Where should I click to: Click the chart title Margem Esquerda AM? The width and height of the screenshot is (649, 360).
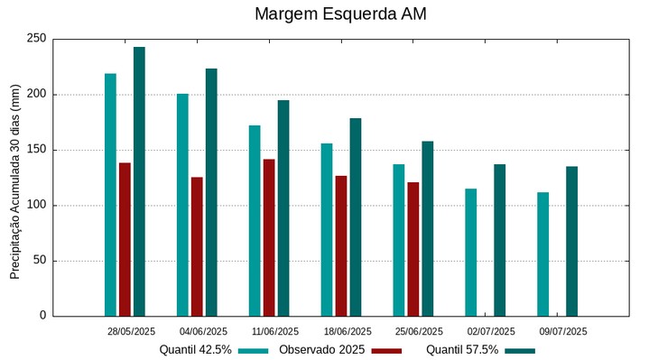click(340, 14)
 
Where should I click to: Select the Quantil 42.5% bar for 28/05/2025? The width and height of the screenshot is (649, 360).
click(110, 195)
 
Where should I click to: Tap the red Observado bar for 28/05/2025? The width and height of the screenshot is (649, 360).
click(125, 239)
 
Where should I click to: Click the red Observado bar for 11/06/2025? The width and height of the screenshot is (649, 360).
click(269, 237)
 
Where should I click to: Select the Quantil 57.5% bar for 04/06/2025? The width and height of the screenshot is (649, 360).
click(211, 192)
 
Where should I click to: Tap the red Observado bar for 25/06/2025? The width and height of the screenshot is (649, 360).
click(413, 249)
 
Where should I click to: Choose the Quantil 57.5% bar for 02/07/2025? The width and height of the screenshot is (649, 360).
click(499, 240)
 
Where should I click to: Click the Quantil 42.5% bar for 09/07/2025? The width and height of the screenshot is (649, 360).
click(542, 254)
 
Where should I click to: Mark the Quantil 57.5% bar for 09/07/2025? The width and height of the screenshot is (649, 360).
click(571, 241)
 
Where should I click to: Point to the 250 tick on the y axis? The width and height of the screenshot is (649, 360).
click(36, 39)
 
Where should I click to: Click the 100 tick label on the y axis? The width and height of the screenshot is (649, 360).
click(36, 205)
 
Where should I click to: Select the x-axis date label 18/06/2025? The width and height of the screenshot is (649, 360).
click(348, 331)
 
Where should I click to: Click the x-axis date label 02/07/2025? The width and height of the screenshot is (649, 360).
click(491, 331)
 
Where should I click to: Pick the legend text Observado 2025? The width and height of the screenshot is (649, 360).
click(321, 349)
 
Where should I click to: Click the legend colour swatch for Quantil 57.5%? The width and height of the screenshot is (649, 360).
click(520, 350)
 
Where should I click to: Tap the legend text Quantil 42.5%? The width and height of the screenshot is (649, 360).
click(196, 349)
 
